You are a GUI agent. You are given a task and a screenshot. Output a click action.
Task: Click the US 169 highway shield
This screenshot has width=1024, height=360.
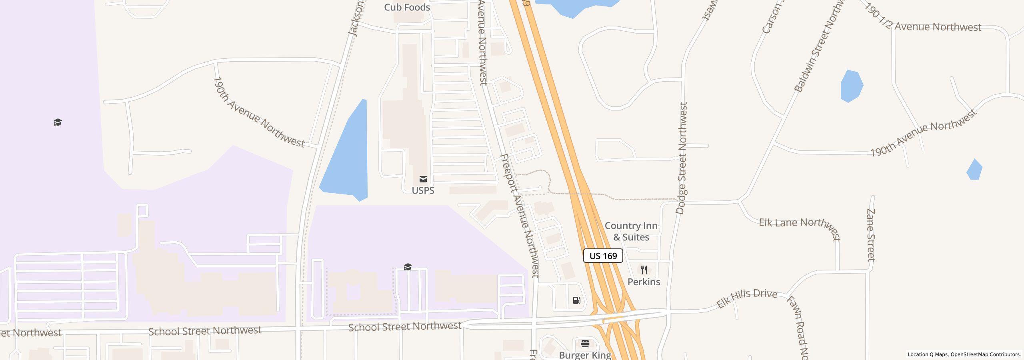coord(603,256)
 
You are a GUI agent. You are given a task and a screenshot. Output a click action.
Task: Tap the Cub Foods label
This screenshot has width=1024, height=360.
coord(407,7)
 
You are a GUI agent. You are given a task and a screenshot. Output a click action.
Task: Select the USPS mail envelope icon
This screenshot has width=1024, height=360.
coord(423,179)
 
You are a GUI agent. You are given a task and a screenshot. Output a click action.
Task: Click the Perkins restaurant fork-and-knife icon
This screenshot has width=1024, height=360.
coord(644,270)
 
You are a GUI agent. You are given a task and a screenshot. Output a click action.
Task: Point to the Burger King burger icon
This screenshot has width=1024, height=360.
coord(585,344)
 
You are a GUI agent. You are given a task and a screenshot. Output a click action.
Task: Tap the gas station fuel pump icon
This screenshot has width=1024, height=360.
coord(576,300)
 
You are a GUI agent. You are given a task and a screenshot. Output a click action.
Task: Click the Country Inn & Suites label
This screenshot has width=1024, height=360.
coord(631,232)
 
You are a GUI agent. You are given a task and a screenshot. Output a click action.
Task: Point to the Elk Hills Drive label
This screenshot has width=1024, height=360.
coord(746,298)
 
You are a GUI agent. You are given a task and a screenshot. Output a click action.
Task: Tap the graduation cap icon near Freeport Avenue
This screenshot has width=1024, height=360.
coord(408,267)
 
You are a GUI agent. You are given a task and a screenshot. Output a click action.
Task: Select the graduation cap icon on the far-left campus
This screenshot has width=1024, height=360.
coord(58,122)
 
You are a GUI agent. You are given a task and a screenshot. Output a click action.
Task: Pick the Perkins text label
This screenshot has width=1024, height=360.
coord(644,282)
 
